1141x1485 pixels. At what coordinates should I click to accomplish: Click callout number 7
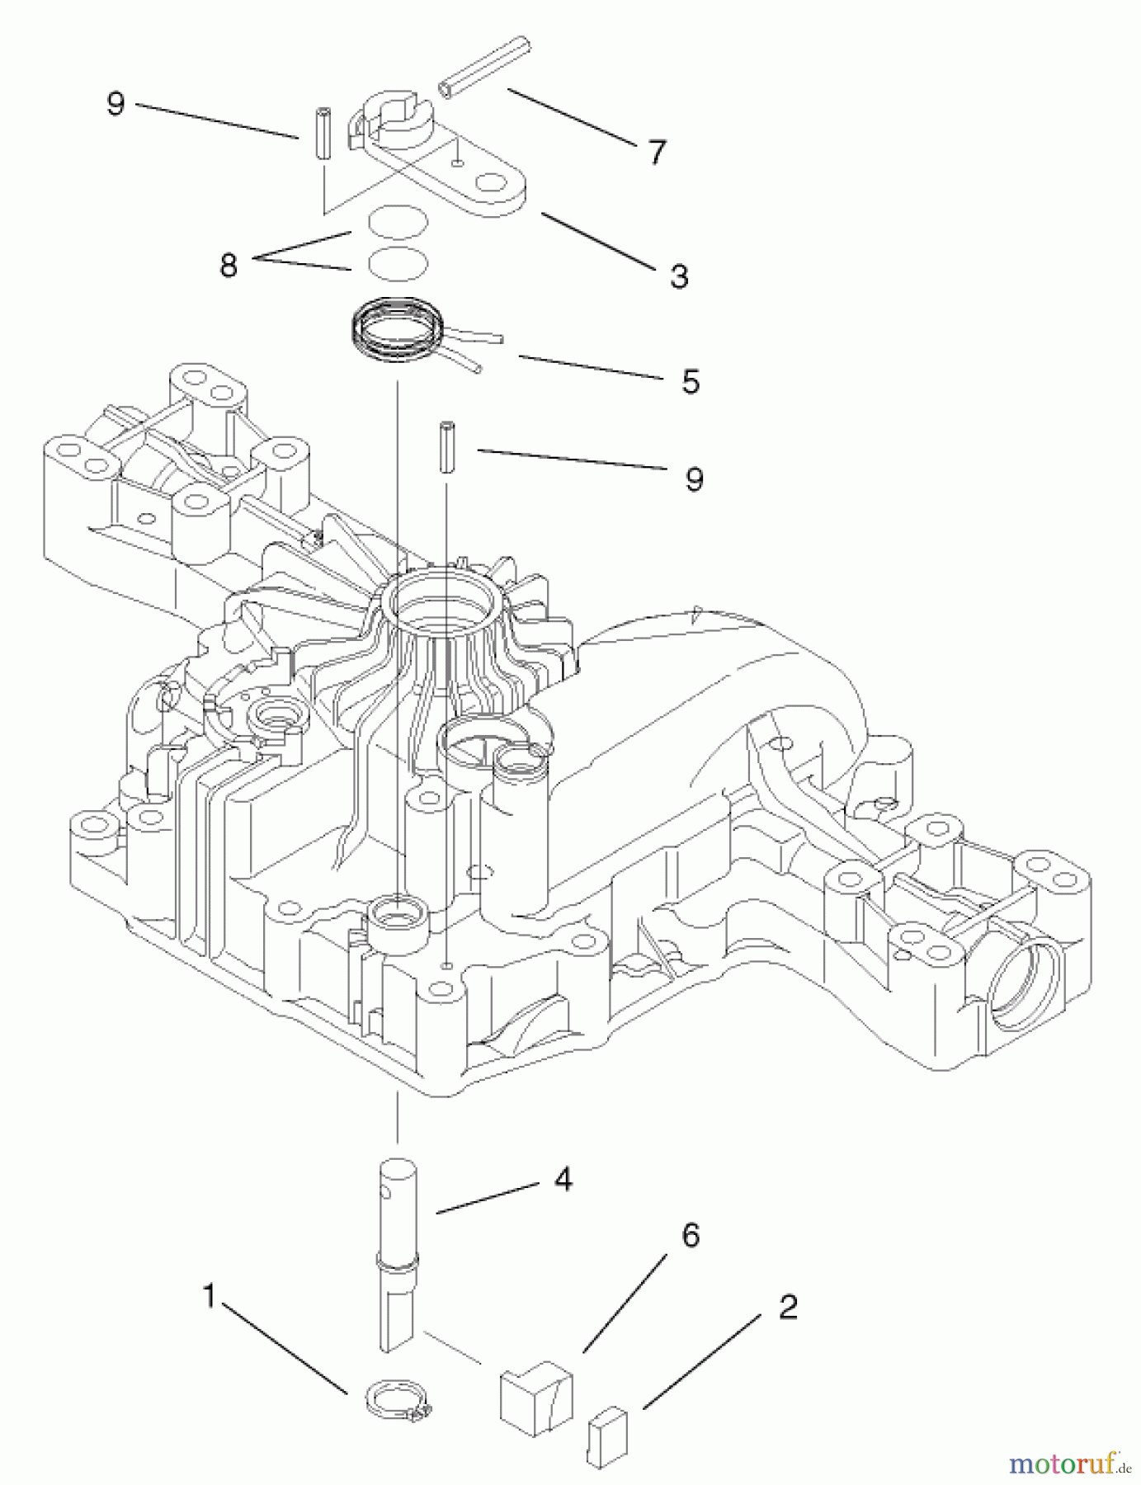coord(656,153)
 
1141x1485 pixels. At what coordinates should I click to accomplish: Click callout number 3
coord(678,276)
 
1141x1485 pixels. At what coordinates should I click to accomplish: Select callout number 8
coord(229,265)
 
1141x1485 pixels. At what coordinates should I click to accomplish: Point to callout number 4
coord(563,1181)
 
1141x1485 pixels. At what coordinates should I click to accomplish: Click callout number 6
coord(690,1236)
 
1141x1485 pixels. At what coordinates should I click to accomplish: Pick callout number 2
coord(787,1308)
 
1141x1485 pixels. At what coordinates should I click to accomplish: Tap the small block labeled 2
coord(607,1431)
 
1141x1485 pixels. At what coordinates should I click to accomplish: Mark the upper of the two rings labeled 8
coord(397,222)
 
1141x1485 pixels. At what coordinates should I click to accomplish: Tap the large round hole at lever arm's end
coord(496,184)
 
